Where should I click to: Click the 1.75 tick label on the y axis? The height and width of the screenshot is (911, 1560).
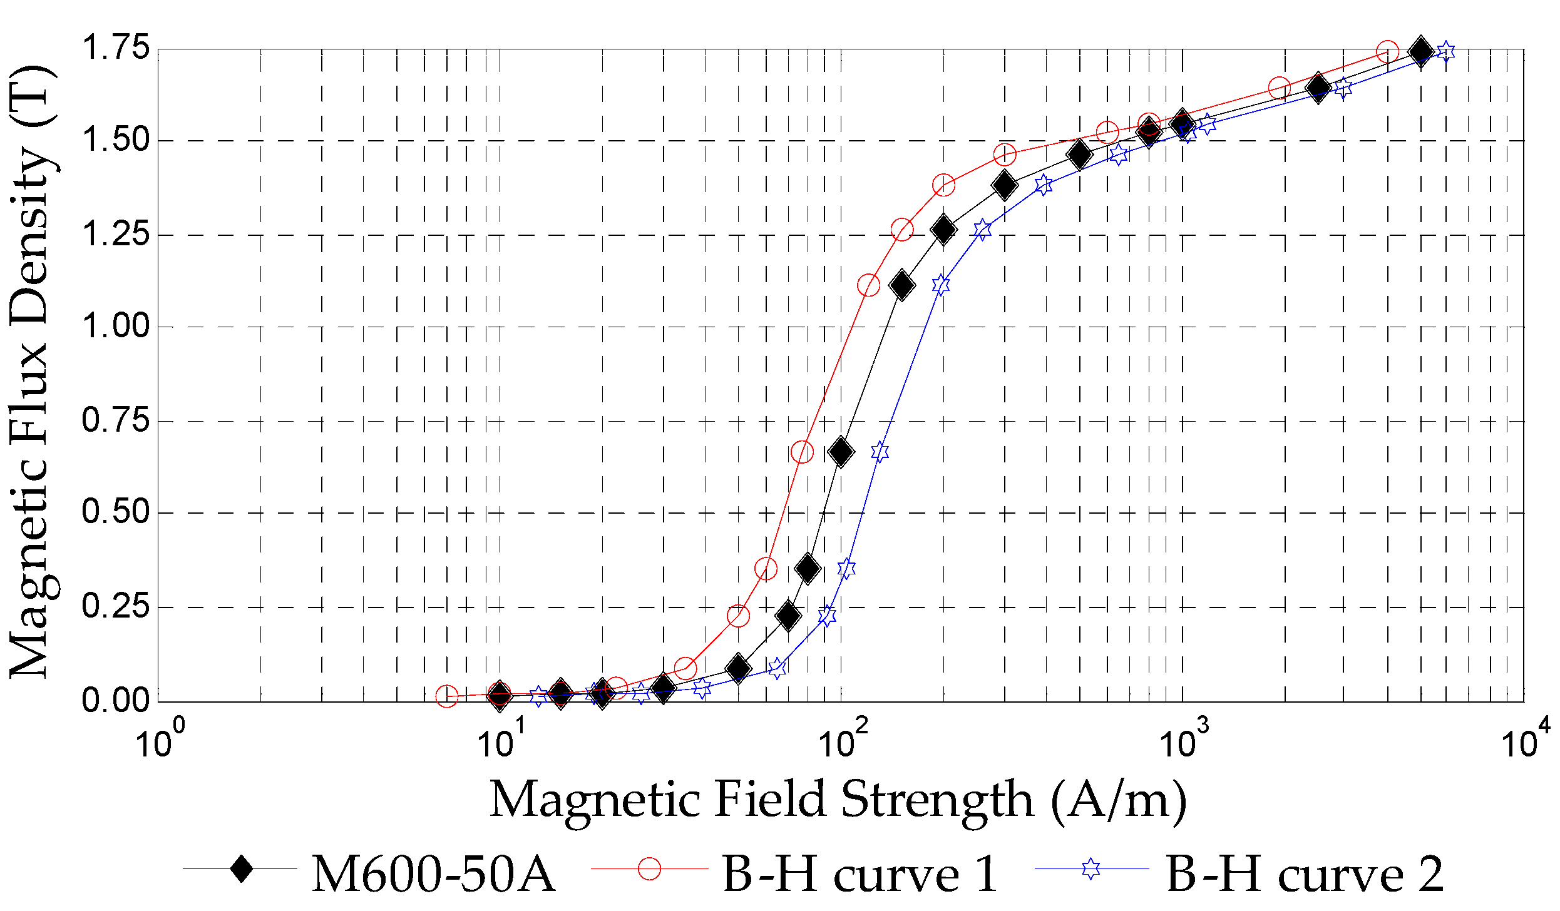[x=116, y=48]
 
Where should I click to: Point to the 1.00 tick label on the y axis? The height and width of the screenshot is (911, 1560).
[x=116, y=326]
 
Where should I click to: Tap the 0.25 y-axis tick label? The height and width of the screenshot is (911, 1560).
[x=116, y=606]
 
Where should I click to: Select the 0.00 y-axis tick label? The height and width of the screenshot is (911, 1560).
[x=116, y=699]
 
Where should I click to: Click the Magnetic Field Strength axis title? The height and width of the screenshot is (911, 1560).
[x=838, y=801]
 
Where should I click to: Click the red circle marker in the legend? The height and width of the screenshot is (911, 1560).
[x=649, y=868]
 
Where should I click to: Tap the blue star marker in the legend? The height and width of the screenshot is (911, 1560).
[x=1091, y=868]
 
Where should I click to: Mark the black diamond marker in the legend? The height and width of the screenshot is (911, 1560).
[x=241, y=868]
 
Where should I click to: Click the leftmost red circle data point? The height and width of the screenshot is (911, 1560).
[x=447, y=696]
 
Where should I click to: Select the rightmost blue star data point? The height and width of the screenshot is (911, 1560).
[x=1445, y=52]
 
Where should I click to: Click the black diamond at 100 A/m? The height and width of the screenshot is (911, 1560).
[x=841, y=452]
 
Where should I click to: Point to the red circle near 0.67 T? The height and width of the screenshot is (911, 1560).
[x=802, y=452]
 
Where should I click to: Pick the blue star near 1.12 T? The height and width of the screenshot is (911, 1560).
[x=940, y=285]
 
